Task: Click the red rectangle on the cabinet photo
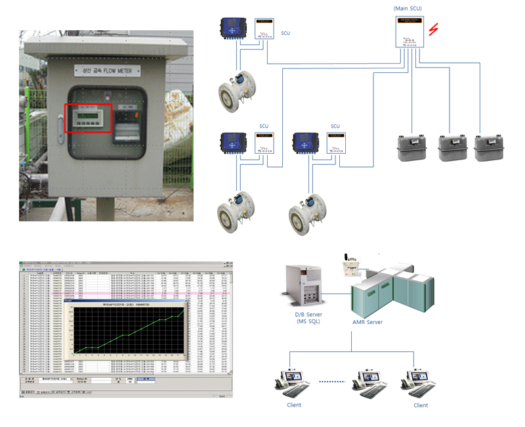(x=88, y=118)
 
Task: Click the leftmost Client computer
(x=293, y=381)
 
